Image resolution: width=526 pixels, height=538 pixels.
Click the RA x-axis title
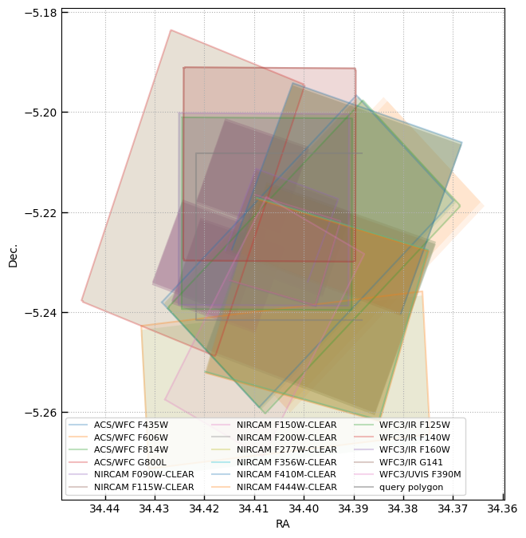coord(283,524)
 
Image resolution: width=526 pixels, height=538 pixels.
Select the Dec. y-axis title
coord(13,255)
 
